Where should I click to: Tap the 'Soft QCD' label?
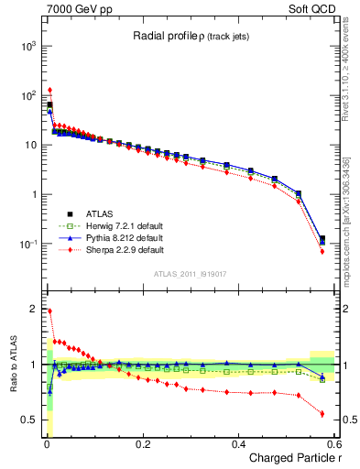click(314, 7)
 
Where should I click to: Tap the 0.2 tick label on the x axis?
click(142, 444)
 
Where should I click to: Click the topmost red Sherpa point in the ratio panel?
click(49, 311)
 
